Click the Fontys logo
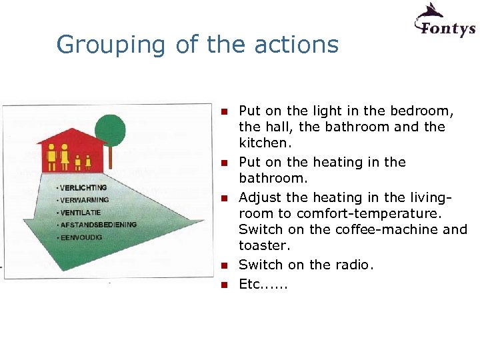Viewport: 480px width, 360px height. pyautogui.click(x=445, y=21)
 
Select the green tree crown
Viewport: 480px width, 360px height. pyautogui.click(x=111, y=129)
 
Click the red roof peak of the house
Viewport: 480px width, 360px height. pyautogui.click(x=71, y=130)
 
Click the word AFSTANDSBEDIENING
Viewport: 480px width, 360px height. pyautogui.click(x=98, y=225)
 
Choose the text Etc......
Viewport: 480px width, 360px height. pyautogui.click(x=250, y=283)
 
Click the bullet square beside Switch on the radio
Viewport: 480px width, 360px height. pyautogui.click(x=225, y=265)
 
